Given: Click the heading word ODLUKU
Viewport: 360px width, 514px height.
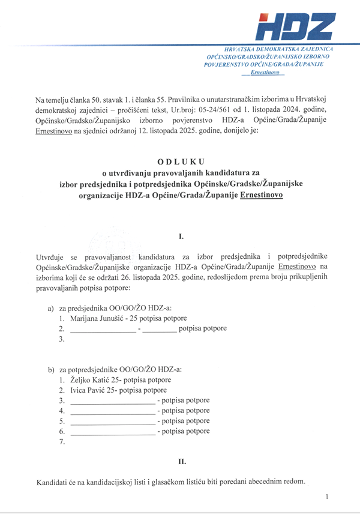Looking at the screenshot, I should coord(181,162).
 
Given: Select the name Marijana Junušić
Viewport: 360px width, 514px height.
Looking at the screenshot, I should coord(97,318).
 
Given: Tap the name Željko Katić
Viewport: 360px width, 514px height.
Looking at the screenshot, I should coord(94,380).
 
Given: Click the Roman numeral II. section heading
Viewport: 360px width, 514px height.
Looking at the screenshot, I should coord(182,461).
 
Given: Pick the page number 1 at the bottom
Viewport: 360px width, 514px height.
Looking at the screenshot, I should coord(327,497).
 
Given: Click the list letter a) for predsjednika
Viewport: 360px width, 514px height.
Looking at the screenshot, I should coord(51,307).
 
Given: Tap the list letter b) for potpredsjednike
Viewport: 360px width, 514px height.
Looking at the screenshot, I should coord(51,369).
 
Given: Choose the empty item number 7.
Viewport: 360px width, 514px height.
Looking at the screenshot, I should coord(62,442).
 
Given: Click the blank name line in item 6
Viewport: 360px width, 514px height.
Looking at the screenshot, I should coord(112,432).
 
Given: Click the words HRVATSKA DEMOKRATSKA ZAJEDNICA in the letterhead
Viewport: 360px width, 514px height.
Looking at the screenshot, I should coord(278,47).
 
